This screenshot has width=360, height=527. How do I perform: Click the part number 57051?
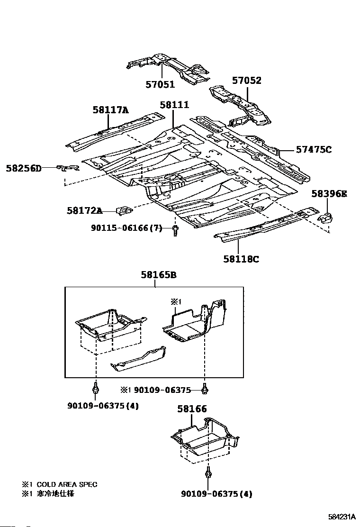(160, 85)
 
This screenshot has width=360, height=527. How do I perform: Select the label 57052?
(246, 81)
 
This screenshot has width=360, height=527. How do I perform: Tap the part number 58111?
(174, 105)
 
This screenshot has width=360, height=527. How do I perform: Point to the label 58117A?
(110, 110)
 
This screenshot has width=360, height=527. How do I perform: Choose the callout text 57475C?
(314, 150)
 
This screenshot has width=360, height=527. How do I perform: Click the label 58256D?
(24, 168)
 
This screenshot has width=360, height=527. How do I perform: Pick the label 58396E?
(329, 193)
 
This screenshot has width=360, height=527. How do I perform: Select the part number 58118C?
(241, 259)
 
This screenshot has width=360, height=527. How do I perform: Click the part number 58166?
(192, 409)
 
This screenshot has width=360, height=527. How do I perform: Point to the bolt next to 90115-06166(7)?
(176, 231)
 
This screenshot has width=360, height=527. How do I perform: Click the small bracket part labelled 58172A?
(124, 209)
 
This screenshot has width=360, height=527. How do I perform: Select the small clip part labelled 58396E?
(326, 217)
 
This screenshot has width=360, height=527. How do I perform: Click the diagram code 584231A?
(342, 517)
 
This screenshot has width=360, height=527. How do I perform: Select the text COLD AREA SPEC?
(67, 484)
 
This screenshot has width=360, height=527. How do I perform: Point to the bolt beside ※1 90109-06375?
(205, 389)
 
